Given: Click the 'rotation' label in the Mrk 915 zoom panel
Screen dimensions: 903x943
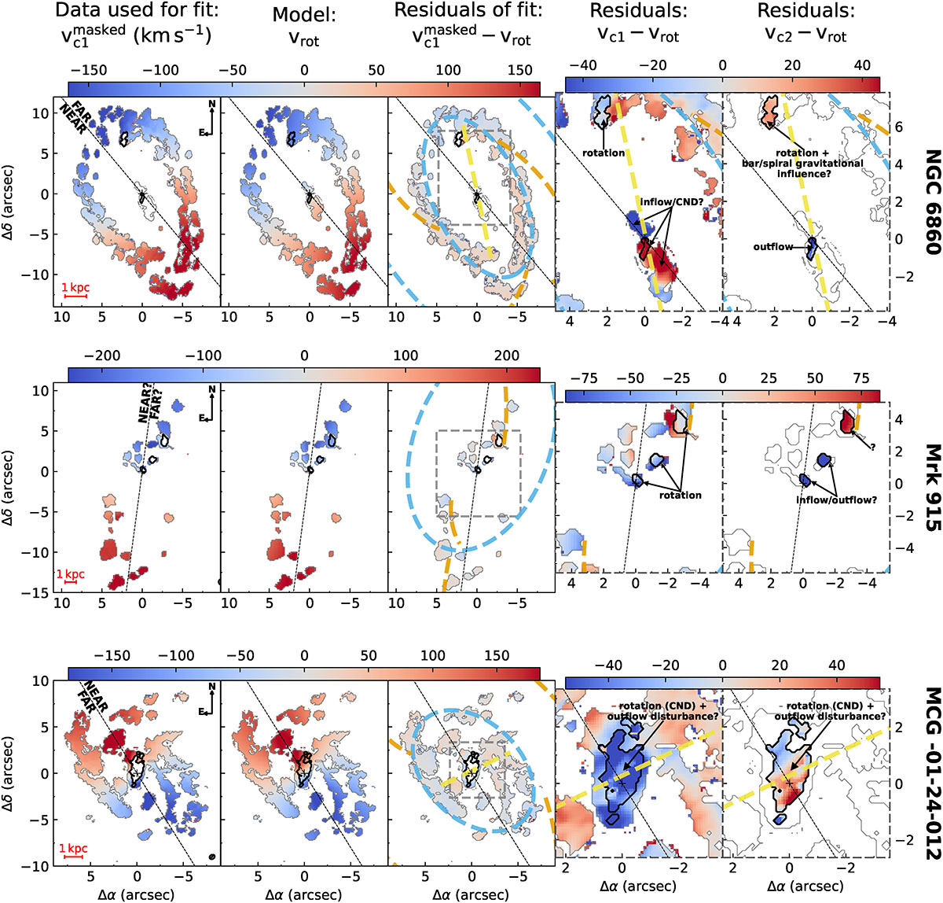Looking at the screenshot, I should coord(681,495).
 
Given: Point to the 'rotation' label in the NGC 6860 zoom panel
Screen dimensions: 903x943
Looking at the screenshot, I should coord(604,153).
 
